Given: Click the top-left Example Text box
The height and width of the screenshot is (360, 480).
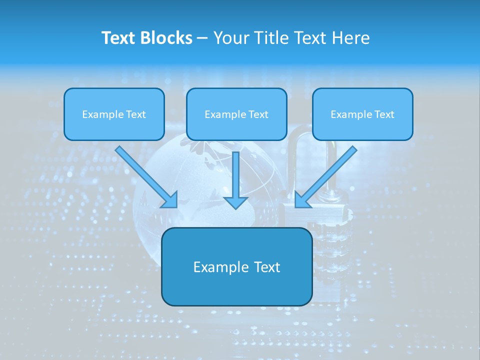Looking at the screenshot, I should (x=114, y=114).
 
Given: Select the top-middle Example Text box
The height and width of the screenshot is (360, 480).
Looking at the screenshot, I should (x=236, y=114).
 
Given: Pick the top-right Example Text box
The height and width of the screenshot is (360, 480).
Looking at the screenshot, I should (x=362, y=114).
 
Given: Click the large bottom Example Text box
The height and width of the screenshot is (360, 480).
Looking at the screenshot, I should (x=236, y=267).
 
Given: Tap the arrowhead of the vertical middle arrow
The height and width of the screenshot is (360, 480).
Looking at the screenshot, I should (x=235, y=202).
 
